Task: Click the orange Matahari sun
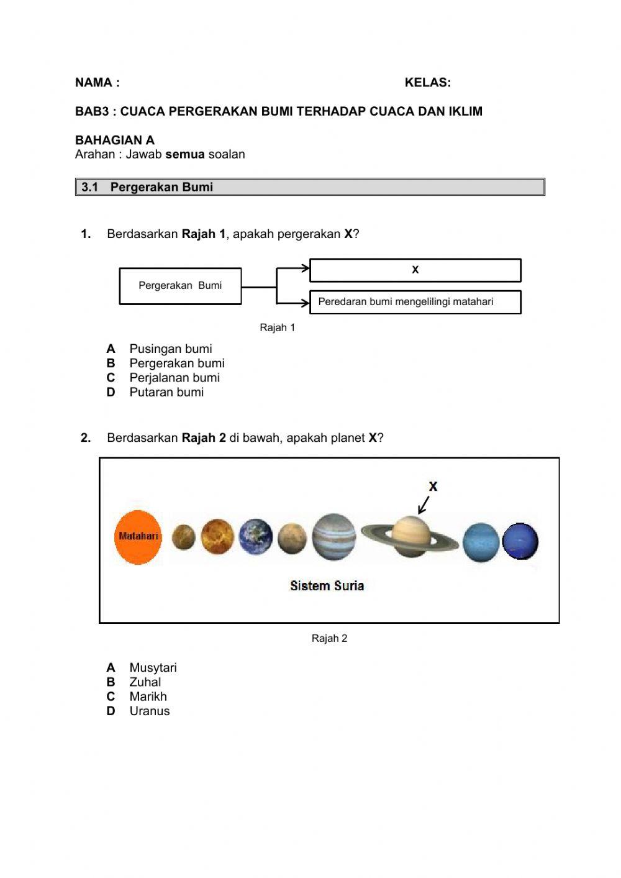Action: click(x=138, y=537)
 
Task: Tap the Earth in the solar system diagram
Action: click(x=256, y=536)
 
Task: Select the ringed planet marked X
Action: click(x=410, y=536)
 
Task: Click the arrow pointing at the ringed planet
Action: click(x=424, y=505)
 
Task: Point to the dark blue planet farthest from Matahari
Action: click(x=520, y=541)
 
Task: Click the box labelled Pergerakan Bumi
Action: click(x=180, y=286)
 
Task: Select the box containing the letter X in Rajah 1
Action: click(x=415, y=270)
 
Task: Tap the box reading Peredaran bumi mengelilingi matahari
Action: click(x=415, y=302)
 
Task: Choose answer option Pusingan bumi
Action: click(x=170, y=349)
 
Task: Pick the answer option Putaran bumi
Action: click(x=166, y=392)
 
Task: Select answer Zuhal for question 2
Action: click(x=145, y=682)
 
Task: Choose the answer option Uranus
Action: click(x=149, y=711)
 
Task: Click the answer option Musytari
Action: click(x=153, y=668)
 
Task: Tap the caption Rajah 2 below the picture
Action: click(x=329, y=638)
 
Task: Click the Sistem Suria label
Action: click(x=327, y=585)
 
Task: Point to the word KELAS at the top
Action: click(x=427, y=83)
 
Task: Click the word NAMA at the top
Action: click(x=94, y=83)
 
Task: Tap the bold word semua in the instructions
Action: click(x=184, y=154)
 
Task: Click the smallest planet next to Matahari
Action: click(x=183, y=537)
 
